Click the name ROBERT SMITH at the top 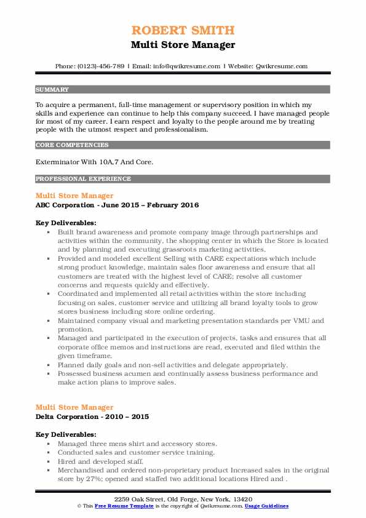(183, 31)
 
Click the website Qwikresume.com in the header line (282, 66)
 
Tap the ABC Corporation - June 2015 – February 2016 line (117, 205)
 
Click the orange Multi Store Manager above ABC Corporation (74, 196)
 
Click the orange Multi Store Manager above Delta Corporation (74, 407)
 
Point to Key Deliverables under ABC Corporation (66, 222)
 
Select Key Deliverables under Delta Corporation (66, 434)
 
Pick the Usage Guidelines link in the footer (266, 506)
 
